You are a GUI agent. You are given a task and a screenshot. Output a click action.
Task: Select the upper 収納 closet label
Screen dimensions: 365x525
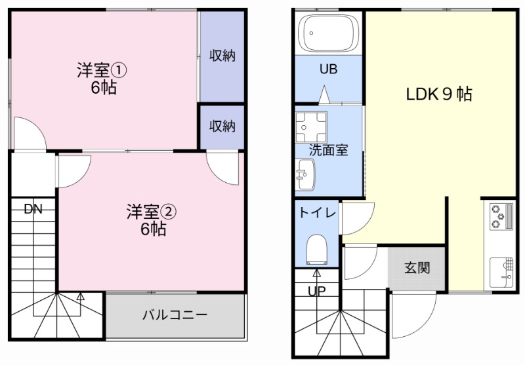coord(222,56)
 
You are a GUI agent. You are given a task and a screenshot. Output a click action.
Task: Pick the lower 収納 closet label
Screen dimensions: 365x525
coord(222,126)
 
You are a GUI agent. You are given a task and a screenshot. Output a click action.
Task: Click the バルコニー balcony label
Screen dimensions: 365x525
coord(175,315)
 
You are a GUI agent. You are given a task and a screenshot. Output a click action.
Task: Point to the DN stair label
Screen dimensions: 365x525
coord(33,210)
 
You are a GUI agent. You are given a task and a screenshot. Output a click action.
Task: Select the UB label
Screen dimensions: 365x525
coord(328,69)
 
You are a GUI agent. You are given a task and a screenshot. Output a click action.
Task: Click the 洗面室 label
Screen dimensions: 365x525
coord(328,149)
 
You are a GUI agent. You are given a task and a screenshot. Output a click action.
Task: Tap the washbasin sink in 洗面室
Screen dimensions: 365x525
coord(305,175)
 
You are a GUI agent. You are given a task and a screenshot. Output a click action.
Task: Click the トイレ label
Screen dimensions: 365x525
coord(318,212)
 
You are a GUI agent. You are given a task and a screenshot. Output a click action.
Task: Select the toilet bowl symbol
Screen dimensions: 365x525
coord(317,250)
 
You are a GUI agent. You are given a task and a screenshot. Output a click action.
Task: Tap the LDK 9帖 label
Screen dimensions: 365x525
coord(438,94)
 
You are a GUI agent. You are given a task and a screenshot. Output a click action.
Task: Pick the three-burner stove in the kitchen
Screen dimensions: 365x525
coord(501,216)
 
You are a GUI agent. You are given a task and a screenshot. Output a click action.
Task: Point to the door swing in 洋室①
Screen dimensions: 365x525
coord(28,134)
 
